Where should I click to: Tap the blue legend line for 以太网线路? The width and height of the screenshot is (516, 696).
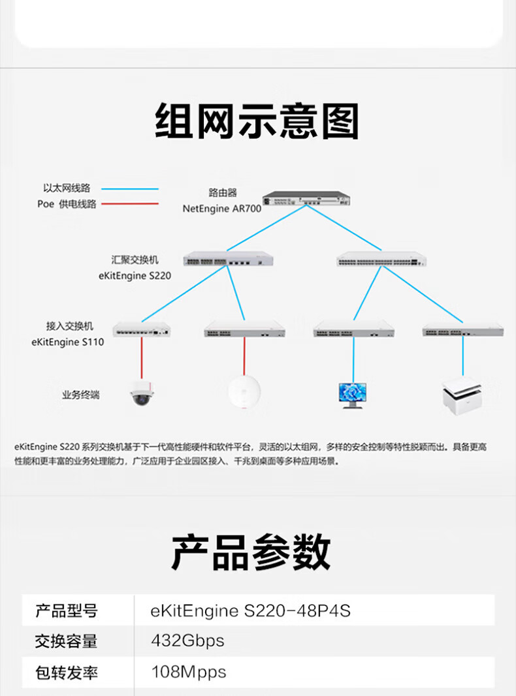pyautogui.click(x=133, y=189)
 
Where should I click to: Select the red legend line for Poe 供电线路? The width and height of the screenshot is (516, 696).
pyautogui.click(x=133, y=204)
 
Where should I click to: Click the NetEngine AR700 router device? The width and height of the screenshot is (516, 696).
pyautogui.click(x=306, y=198)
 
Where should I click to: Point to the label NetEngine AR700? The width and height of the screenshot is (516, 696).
pyautogui.click(x=221, y=209)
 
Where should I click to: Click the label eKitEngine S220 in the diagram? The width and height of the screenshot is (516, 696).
pyautogui.click(x=135, y=275)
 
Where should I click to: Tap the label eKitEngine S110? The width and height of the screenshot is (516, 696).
pyautogui.click(x=67, y=341)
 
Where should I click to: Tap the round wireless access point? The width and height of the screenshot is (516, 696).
pyautogui.click(x=244, y=393)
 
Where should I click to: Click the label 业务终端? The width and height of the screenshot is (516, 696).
pyautogui.click(x=80, y=395)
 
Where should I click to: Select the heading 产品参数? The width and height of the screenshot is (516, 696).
pyautogui.click(x=251, y=552)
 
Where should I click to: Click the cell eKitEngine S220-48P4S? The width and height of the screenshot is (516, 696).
pyautogui.click(x=251, y=611)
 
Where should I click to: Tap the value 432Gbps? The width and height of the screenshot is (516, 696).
pyautogui.click(x=187, y=641)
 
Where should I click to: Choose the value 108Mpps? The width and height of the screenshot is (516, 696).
pyautogui.click(x=189, y=671)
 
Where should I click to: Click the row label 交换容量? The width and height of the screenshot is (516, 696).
pyautogui.click(x=66, y=641)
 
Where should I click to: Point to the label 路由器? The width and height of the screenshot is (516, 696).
pyautogui.click(x=223, y=192)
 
